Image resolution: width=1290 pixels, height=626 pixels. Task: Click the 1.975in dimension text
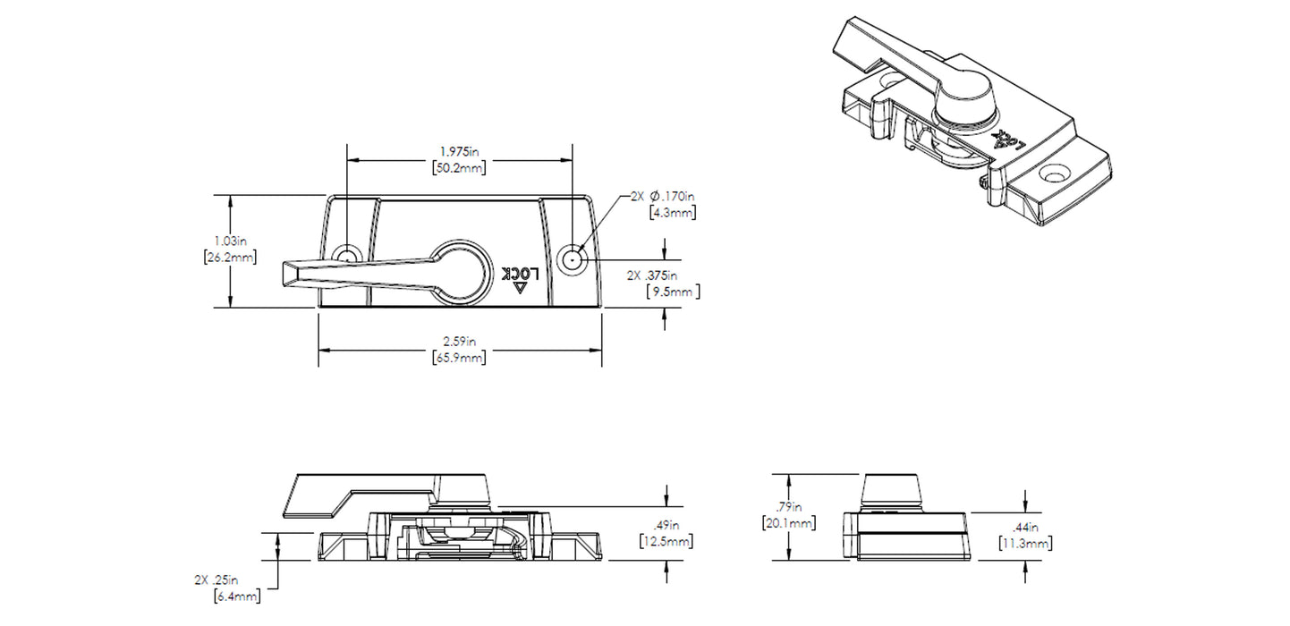pyautogui.click(x=460, y=151)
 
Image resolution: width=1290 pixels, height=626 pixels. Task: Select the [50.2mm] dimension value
pyautogui.click(x=460, y=168)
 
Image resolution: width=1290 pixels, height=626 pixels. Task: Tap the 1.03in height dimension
pyautogui.click(x=231, y=241)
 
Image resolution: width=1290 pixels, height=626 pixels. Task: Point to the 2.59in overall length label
pyautogui.click(x=460, y=341)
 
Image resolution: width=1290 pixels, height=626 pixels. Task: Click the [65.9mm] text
pyautogui.click(x=460, y=358)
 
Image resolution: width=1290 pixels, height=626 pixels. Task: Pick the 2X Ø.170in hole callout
pyautogui.click(x=663, y=195)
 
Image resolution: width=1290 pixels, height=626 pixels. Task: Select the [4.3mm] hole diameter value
pyautogui.click(x=673, y=213)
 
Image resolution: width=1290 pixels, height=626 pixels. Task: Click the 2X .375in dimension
pyautogui.click(x=666, y=275)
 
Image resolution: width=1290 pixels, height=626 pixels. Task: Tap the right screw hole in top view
pyautogui.click(x=572, y=260)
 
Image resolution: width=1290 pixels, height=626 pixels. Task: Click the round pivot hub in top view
pyautogui.click(x=459, y=269)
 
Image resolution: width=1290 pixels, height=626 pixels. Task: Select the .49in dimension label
pyautogui.click(x=666, y=525)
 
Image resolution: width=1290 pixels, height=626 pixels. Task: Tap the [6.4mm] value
pyautogui.click(x=237, y=596)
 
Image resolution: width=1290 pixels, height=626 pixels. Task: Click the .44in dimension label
pyautogui.click(x=1024, y=527)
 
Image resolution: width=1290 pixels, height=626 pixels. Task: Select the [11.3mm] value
pyautogui.click(x=1024, y=543)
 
